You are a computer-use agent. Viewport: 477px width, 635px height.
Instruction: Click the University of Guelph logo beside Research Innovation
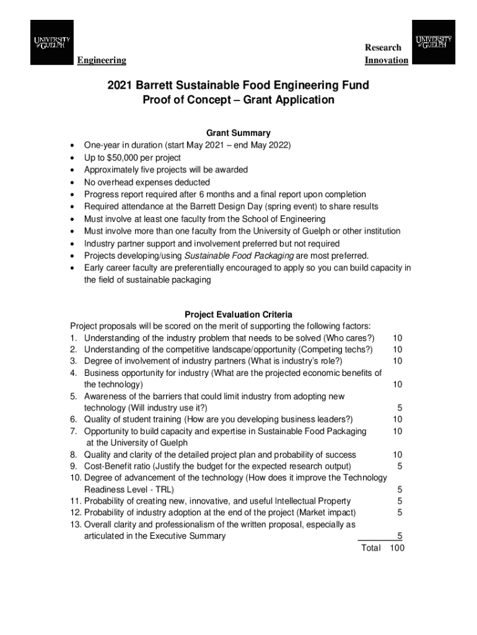pyautogui.click(x=434, y=42)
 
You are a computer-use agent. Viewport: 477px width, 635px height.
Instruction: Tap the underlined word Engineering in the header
pyautogui.click(x=102, y=60)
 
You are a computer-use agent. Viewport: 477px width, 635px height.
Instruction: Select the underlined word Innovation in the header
pyautogui.click(x=387, y=60)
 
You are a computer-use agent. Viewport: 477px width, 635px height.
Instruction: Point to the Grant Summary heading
pyautogui.click(x=239, y=133)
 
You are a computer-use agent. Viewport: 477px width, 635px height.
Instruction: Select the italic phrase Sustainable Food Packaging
pyautogui.click(x=240, y=255)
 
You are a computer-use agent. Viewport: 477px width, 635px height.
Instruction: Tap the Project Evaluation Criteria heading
pyautogui.click(x=239, y=314)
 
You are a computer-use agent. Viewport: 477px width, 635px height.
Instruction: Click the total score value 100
pyautogui.click(x=396, y=548)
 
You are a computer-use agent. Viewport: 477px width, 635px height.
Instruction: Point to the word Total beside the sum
pyautogui.click(x=370, y=548)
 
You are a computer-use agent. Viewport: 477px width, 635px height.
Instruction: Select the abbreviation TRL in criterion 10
pyautogui.click(x=164, y=489)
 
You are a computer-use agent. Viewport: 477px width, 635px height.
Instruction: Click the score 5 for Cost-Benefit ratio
pyautogui.click(x=400, y=466)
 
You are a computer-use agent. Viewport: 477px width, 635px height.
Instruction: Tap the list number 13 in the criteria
pyautogui.click(x=75, y=524)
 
